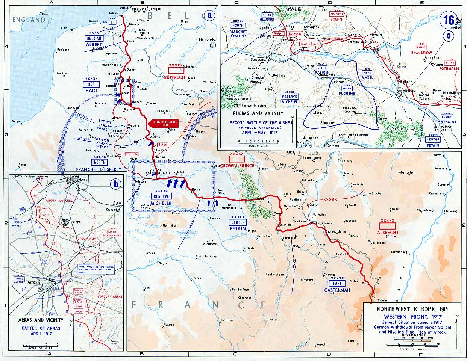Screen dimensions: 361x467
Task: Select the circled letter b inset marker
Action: click(x=116, y=184)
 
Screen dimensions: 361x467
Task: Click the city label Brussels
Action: click(x=207, y=39)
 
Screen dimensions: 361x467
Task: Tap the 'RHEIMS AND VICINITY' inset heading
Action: click(x=258, y=113)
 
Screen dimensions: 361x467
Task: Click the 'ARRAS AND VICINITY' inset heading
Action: click(x=41, y=320)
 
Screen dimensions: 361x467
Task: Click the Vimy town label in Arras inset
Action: click(x=76, y=222)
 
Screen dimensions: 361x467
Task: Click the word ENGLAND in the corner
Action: click(x=29, y=20)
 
